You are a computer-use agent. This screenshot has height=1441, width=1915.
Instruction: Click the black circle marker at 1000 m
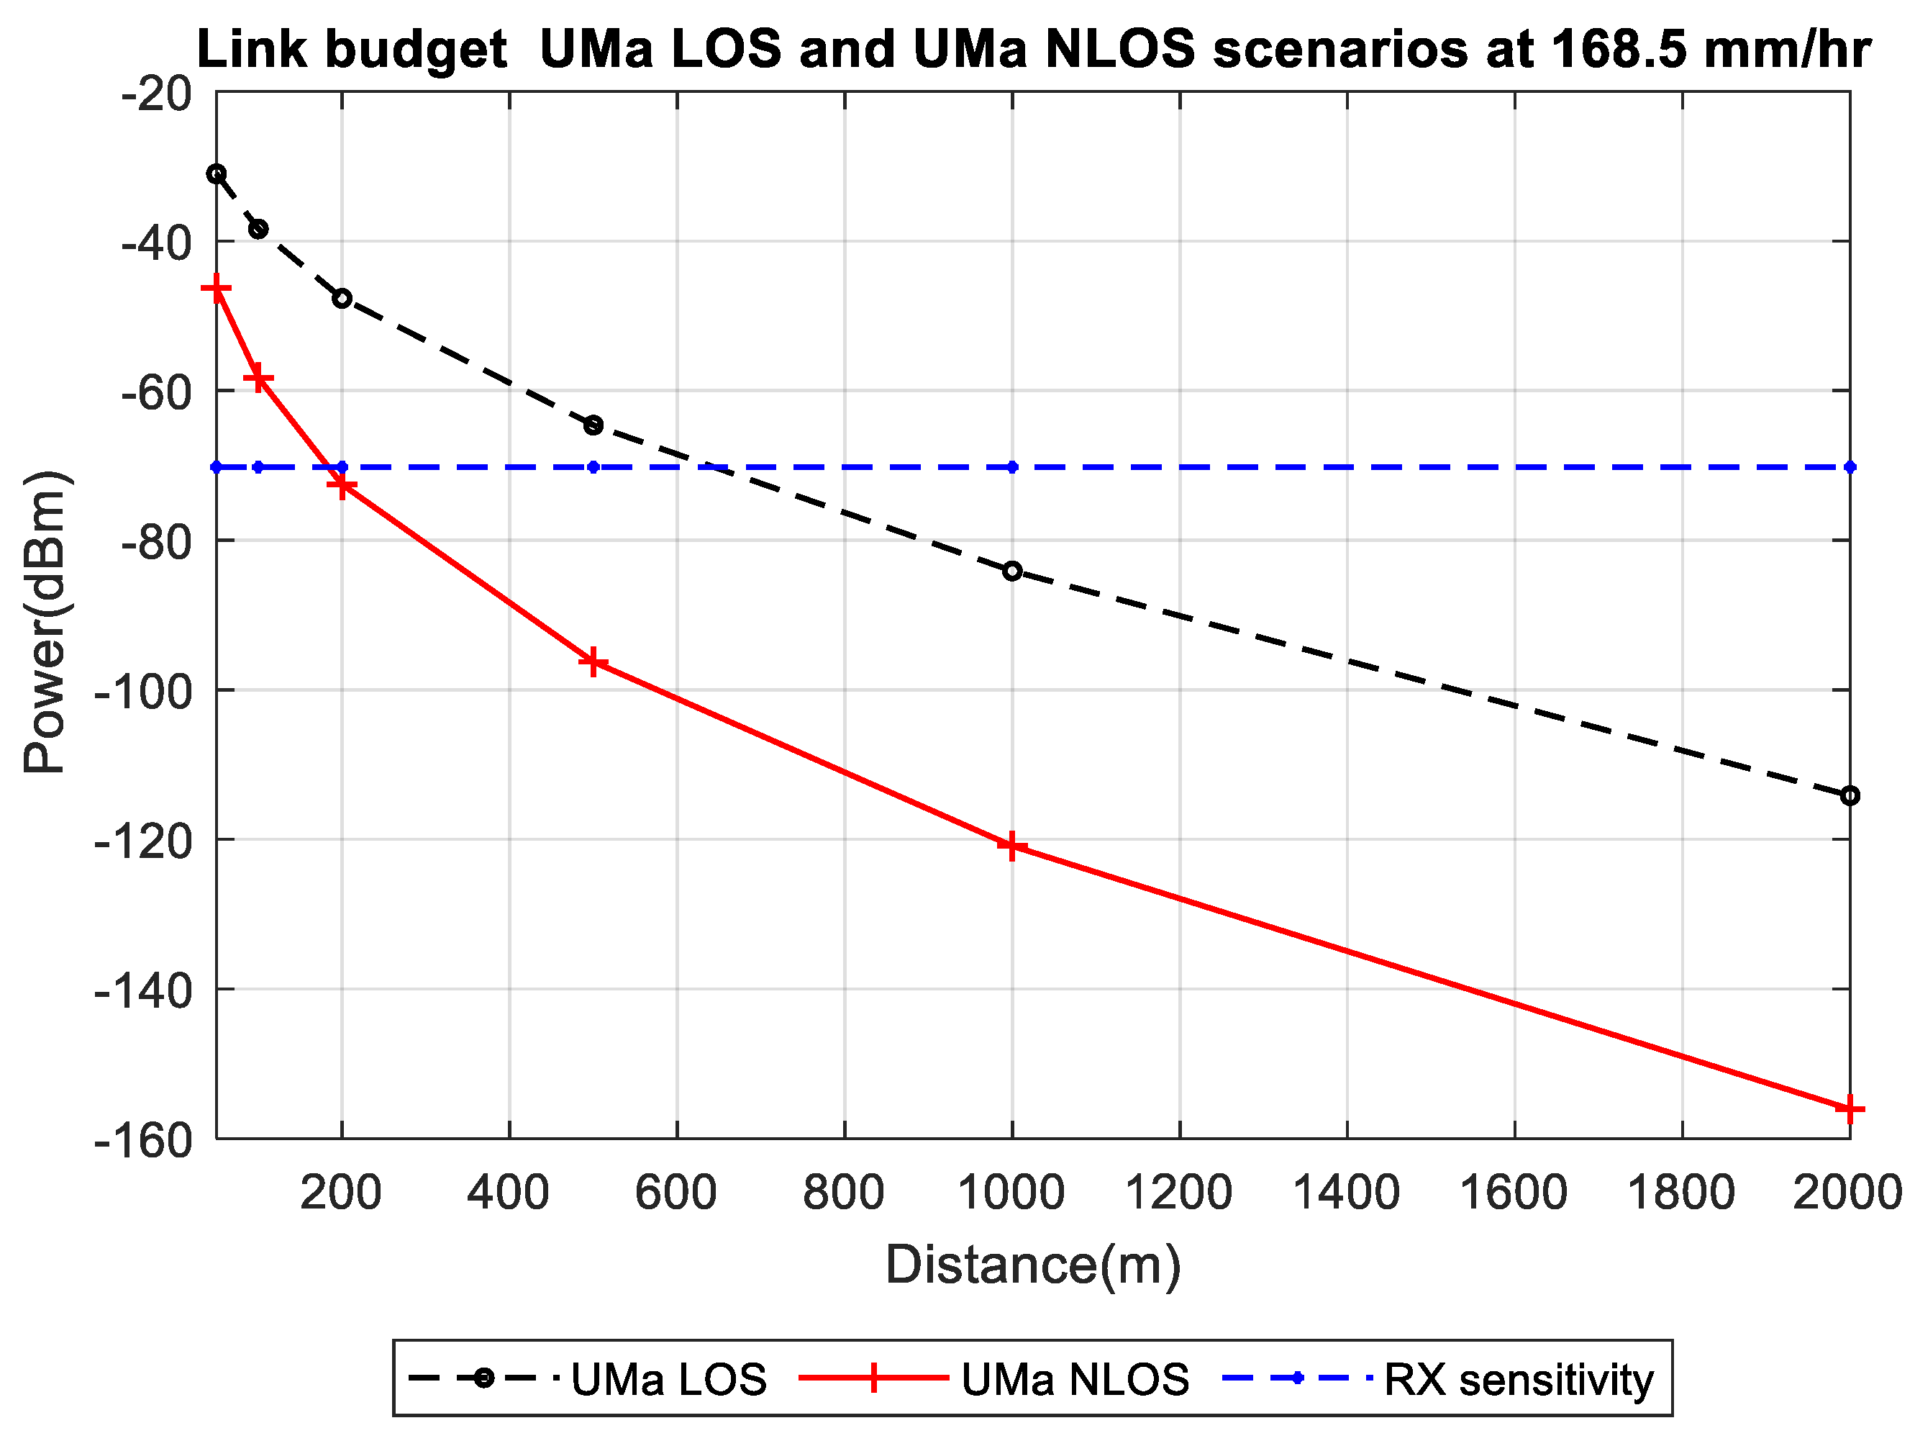pos(1012,572)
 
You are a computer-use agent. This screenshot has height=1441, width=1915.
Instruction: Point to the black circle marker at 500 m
pos(593,425)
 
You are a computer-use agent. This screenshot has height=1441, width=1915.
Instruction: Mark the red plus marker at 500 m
pos(593,662)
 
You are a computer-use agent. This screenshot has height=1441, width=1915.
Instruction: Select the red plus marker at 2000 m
pos(1850,1109)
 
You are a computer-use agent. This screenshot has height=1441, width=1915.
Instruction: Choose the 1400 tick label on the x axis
pos(1345,1193)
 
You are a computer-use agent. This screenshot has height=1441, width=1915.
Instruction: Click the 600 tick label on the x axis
pos(676,1193)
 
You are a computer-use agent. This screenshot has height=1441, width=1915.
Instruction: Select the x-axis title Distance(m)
pos(1033,1265)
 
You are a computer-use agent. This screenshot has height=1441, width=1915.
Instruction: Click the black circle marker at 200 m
pos(342,299)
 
